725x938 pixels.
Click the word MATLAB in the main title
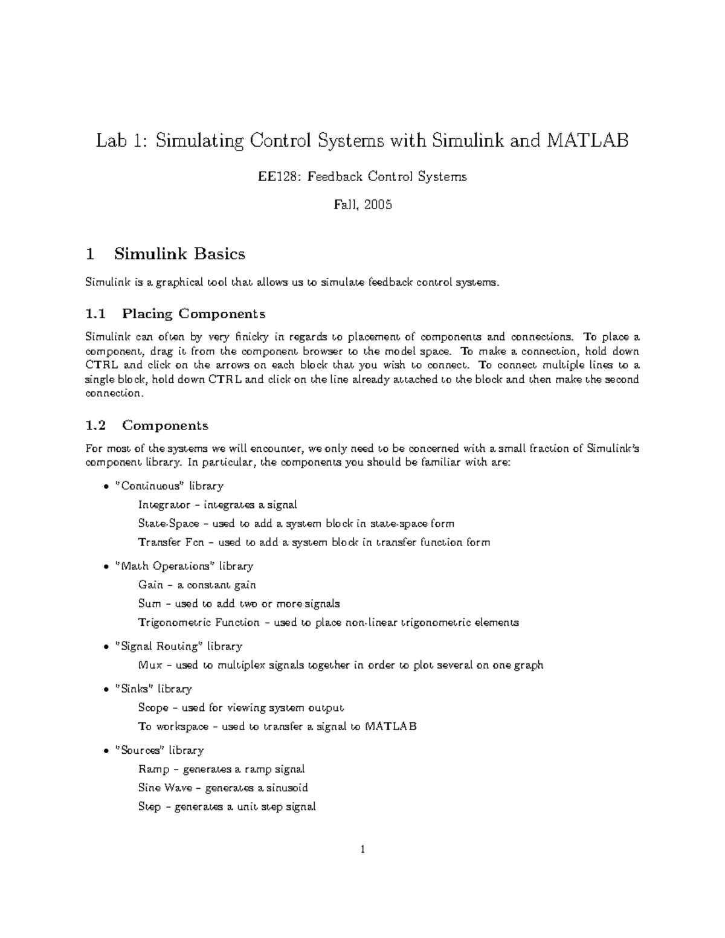coord(587,141)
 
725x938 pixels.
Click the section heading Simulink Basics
coord(179,254)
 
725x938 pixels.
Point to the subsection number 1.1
coord(95,313)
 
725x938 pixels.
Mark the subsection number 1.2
coord(95,425)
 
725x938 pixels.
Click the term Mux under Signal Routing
coord(150,665)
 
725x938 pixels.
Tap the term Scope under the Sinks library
coord(153,707)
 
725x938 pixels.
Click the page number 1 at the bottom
coord(362,850)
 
